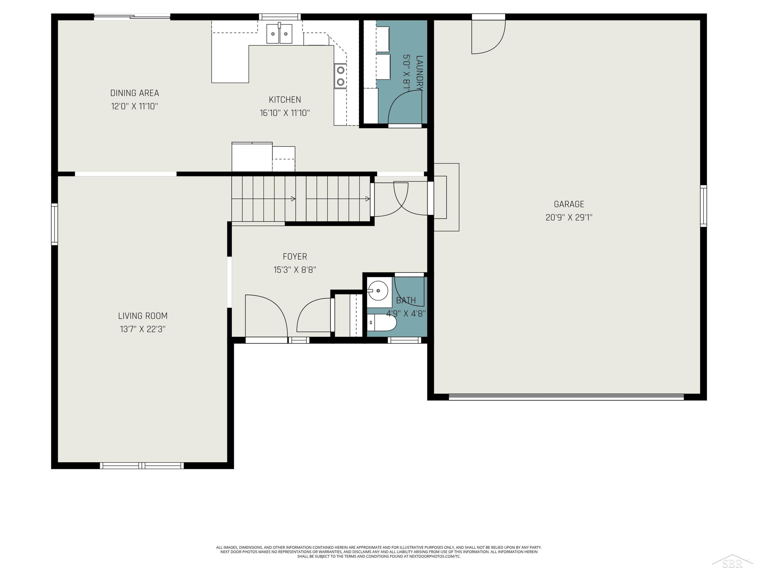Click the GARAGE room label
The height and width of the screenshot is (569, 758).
pos(569,204)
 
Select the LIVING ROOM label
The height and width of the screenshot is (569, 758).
pos(143,316)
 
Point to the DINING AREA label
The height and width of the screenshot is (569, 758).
pos(135,93)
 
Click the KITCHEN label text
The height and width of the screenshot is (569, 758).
pos(285,100)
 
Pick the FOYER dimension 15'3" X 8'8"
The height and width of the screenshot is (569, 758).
pos(295,270)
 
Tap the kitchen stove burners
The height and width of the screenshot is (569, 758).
pos(340,76)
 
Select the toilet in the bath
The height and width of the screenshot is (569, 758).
pos(382,322)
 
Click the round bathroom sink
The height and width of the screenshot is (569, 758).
pos(378,291)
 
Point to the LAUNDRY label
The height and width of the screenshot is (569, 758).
pos(419,73)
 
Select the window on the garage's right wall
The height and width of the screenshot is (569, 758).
pos(703,206)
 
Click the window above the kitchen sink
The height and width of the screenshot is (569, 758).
pos(280,17)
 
